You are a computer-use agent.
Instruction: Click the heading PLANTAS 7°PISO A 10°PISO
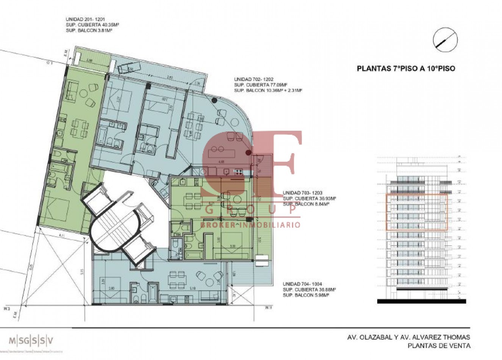click(406, 69)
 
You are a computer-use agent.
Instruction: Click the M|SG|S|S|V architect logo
click(31, 339)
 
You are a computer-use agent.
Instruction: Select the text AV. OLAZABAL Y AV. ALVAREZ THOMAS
click(408, 337)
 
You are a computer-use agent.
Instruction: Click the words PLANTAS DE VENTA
click(438, 346)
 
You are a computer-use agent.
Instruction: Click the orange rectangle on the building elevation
click(416, 212)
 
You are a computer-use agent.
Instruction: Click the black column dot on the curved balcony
click(214, 100)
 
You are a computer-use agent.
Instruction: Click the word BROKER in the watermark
click(217, 225)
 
